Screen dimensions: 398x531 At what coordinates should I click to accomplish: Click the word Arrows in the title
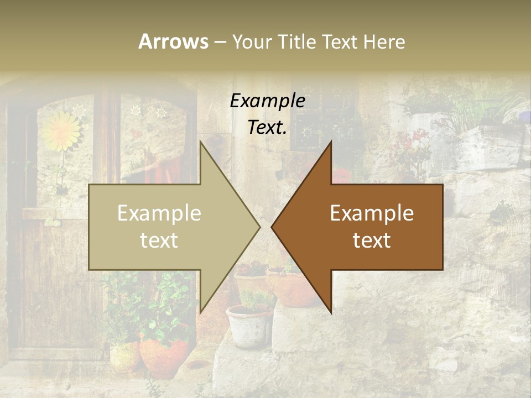click(173, 41)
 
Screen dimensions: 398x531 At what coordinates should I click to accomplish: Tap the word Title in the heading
click(296, 42)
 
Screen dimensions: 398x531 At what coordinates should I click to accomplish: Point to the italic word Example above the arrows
click(267, 101)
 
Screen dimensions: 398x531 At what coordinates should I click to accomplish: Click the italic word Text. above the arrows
click(267, 128)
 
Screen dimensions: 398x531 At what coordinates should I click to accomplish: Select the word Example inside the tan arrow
click(159, 213)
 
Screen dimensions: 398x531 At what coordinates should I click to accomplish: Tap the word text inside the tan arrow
click(159, 240)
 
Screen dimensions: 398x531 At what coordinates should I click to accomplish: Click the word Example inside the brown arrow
click(372, 213)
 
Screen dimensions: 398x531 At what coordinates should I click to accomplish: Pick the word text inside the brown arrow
click(372, 240)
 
